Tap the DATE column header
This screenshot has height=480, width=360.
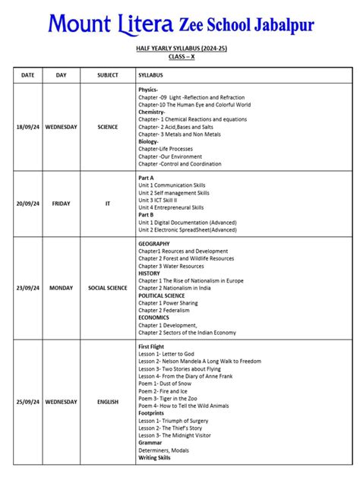28,75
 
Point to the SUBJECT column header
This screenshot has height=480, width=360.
108,75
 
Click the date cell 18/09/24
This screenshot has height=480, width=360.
28,127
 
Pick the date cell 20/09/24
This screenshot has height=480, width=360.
28,204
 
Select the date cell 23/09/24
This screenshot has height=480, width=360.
28,289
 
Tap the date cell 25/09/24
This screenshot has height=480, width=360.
28,402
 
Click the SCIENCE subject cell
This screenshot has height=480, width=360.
108,127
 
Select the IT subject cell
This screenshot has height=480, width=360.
108,204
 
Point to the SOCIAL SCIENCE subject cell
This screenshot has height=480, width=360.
108,289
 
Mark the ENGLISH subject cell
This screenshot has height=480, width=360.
108,402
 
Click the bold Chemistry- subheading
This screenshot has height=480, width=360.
152,112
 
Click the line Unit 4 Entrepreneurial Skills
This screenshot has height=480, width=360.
171,207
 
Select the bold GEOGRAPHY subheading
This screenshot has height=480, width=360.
154,244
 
